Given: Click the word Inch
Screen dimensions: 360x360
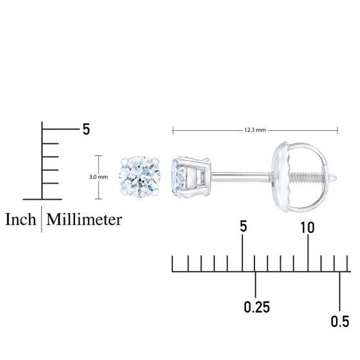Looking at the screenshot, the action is (21, 219).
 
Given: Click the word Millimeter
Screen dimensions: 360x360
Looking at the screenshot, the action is (84, 219).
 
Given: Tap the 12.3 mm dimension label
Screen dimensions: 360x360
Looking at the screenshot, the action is (255, 130).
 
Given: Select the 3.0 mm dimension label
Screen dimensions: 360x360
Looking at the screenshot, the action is (98, 177).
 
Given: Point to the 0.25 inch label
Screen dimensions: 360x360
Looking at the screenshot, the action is (256, 307).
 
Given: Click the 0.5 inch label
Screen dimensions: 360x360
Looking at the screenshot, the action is (340, 321).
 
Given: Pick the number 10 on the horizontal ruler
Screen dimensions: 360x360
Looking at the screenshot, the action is (307, 227).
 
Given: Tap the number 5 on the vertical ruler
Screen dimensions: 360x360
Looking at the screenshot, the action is (86, 129).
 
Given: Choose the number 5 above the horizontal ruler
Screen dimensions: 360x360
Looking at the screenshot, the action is (243, 226).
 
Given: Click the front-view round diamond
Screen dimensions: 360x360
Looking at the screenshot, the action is (140, 177).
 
